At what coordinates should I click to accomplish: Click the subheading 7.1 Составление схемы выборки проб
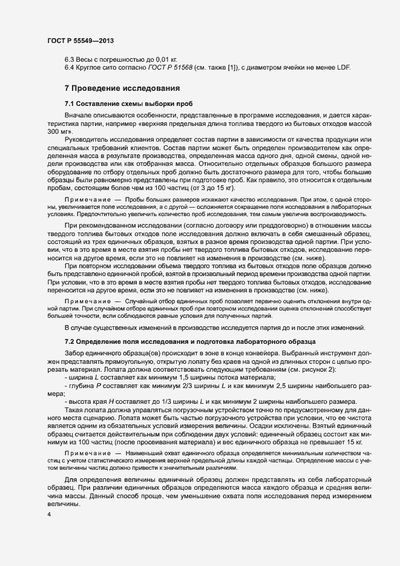tap(128, 104)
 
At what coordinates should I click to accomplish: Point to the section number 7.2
tap(70, 341)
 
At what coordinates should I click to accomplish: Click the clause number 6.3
tap(70, 59)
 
